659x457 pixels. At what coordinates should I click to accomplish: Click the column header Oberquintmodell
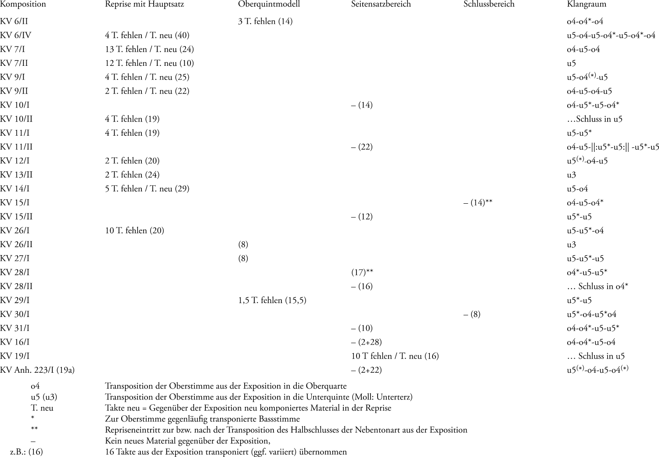(269, 4)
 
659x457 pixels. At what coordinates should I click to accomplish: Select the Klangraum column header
(586, 4)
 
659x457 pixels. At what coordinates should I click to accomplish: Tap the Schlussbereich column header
(489, 4)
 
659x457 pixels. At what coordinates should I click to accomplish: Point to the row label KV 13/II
(16, 175)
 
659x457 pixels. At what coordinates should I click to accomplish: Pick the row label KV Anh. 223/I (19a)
(37, 370)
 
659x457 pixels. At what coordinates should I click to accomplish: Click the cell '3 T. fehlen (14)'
(265, 21)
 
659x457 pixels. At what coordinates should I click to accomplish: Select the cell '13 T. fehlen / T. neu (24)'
(149, 49)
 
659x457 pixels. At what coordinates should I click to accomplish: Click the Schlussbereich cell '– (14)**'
(478, 203)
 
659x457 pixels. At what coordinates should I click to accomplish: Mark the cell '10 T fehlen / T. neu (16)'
(395, 356)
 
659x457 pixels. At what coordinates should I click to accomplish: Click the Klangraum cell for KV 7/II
(571, 63)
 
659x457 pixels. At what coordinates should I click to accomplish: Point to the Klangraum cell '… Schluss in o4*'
(598, 286)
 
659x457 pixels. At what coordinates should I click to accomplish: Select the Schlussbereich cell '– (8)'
(472, 314)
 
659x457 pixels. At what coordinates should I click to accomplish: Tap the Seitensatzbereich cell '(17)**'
(362, 272)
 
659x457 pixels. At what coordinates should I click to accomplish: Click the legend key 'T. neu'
(42, 408)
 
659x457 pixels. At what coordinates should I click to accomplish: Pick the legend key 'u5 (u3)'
(44, 397)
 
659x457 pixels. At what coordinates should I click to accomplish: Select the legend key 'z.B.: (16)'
(26, 452)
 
